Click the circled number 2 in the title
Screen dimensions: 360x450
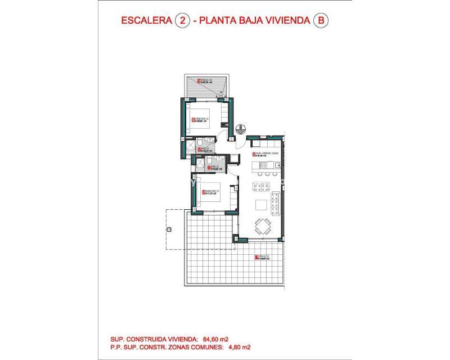[182, 21]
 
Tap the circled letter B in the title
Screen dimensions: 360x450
[321, 21]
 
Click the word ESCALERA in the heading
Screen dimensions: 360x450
[147, 21]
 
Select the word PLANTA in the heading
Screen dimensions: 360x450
[222, 21]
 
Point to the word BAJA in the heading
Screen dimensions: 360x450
[260, 21]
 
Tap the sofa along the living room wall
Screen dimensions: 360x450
[276, 202]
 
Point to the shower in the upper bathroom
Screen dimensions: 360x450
[190, 146]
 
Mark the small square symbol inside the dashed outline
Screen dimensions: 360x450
[168, 229]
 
